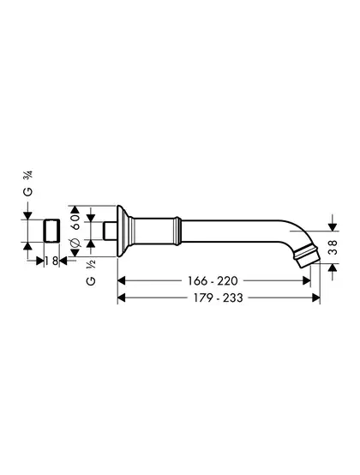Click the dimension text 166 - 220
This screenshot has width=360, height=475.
coord(213,281)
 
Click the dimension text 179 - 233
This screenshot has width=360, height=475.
coord(218,298)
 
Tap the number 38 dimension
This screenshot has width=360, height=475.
coord(333,247)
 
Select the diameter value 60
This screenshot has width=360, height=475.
coord(75,221)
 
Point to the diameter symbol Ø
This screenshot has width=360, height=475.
coord(75,243)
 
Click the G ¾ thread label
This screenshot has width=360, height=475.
coord(28,183)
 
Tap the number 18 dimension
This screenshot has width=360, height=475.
coord(51,261)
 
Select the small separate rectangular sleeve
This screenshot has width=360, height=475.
coord(51,231)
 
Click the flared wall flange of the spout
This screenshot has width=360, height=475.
coord(123,231)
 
